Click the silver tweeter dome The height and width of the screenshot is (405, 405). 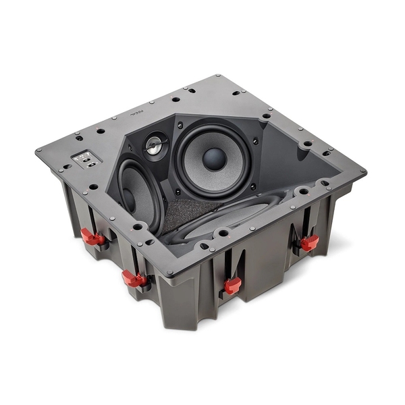pos(155,145)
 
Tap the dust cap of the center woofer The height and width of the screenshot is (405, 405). pos(214,159)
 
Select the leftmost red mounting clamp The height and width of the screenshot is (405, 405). pos(92,238)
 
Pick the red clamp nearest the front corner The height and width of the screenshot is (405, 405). pos(232,286)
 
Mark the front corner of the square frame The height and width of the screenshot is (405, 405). pos(169,273)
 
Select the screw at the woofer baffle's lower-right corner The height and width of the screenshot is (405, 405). pos(252,186)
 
